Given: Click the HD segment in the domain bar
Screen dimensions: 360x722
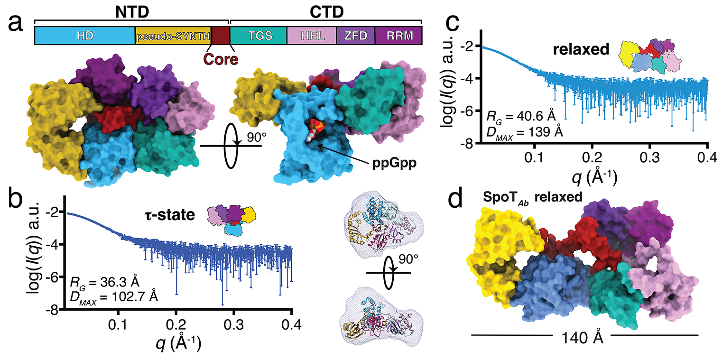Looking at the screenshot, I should pos(84,36).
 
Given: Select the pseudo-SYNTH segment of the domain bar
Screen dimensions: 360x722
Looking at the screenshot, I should pos(173,36).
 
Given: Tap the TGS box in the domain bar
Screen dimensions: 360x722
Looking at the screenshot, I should pos(258,36).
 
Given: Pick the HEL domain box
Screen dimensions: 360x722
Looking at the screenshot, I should pos(312,36).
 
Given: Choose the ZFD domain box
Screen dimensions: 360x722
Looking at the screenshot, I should pos(355,36).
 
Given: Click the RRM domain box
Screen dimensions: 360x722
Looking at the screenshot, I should pos(398,36).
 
